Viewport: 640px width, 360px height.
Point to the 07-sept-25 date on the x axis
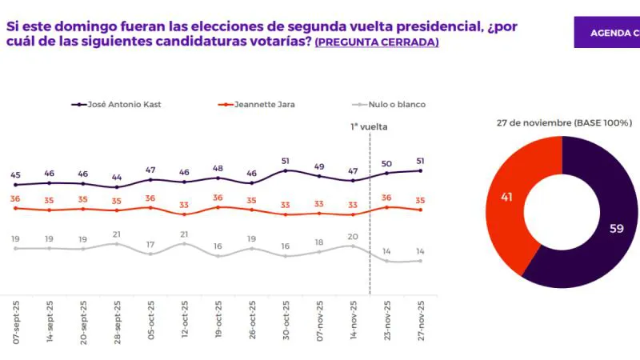[15, 322]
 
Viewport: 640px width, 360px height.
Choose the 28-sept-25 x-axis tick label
[117, 322]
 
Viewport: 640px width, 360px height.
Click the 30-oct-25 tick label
[286, 322]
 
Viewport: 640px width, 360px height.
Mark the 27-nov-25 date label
[421, 322]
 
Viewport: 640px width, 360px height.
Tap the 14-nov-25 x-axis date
[353, 322]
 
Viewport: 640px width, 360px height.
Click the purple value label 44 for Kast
[117, 177]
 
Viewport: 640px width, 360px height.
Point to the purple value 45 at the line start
[15, 174]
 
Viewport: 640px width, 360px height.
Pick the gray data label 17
[150, 244]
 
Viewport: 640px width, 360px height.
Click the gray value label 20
[353, 236]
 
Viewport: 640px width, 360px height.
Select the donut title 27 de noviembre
[564, 123]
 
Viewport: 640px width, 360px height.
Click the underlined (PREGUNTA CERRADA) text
[377, 42]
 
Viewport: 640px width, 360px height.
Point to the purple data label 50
[387, 163]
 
